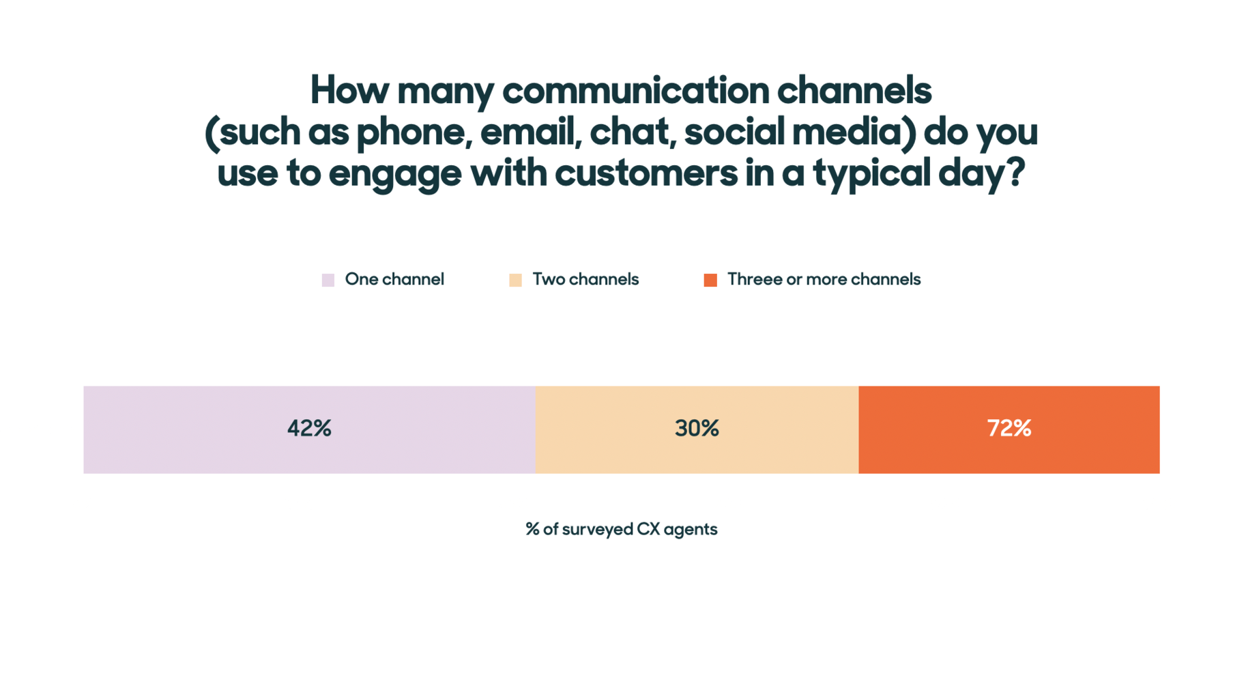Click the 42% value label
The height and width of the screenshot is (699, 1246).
(x=309, y=429)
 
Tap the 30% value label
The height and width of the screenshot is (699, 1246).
(x=697, y=429)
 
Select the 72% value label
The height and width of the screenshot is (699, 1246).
(x=1009, y=429)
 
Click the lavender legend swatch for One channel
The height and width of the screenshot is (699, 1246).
(x=328, y=280)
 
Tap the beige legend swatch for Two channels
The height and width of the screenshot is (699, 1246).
(x=515, y=280)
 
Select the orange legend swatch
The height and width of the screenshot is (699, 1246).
(x=710, y=280)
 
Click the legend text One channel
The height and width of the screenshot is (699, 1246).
(x=394, y=279)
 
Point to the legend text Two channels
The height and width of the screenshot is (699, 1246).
(x=585, y=279)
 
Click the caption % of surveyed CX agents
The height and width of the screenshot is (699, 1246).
(x=621, y=529)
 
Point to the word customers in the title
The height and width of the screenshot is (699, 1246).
(x=646, y=173)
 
